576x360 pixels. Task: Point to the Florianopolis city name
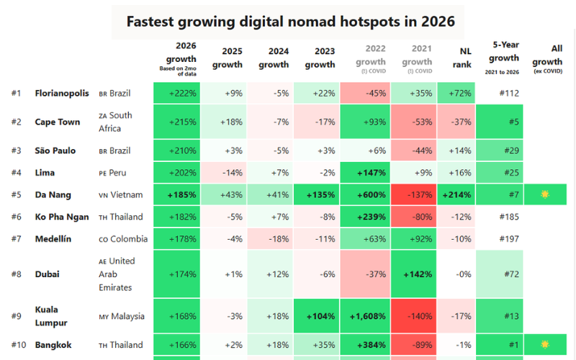[62, 94]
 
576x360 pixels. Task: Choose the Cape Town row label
[58, 122]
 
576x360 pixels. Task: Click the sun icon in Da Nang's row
[545, 194]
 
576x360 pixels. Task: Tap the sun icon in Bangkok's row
[545, 345]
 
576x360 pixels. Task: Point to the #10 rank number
[19, 345]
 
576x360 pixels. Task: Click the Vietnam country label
[125, 194]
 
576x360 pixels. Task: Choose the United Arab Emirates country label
[122, 274]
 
